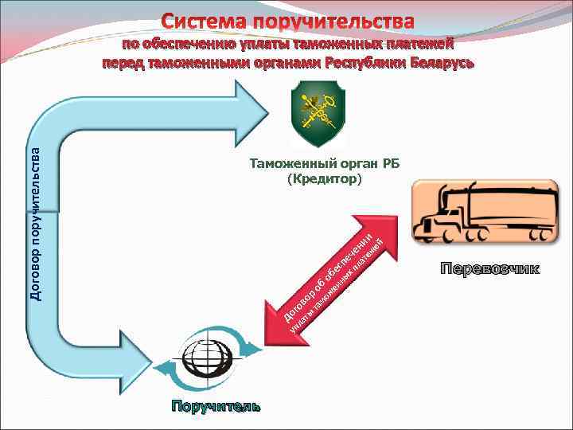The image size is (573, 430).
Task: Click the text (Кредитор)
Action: point(323,179)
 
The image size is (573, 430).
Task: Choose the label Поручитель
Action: point(214,408)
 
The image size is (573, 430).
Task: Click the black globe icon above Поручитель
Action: point(207,361)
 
